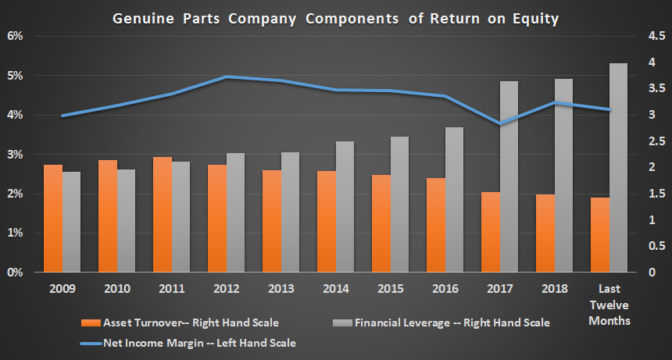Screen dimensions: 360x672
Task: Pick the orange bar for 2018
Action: pos(545,233)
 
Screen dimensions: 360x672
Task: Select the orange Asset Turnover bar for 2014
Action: pos(327,222)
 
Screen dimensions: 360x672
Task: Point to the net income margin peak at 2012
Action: pos(226,77)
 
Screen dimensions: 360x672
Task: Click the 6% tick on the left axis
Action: pos(16,37)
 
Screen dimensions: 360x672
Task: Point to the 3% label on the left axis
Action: pos(16,155)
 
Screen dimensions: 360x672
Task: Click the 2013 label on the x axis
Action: pos(281,288)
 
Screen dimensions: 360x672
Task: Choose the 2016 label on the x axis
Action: pos(445,288)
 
